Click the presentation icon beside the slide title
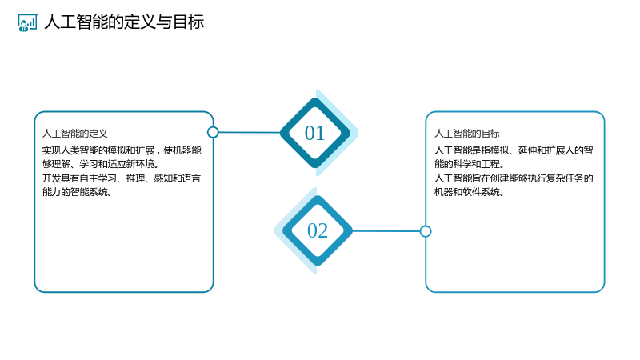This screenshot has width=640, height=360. (27, 22)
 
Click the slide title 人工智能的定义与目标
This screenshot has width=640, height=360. (124, 22)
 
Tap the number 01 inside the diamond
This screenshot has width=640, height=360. (314, 133)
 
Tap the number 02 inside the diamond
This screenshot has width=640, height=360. (318, 230)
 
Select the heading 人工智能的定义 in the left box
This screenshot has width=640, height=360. (74, 134)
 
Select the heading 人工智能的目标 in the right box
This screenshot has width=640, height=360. (467, 134)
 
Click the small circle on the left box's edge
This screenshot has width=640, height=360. (213, 132)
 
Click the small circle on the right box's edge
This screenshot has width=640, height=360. (426, 231)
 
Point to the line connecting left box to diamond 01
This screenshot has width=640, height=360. (250, 132)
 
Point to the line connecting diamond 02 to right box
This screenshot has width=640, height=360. (386, 231)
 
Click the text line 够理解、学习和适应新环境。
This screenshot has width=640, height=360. (101, 164)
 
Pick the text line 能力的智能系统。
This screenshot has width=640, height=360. (77, 192)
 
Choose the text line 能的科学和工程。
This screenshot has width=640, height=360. (470, 164)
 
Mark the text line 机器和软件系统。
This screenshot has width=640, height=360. (470, 192)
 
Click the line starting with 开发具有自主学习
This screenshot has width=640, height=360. (122, 178)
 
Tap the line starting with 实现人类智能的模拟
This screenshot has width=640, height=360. (122, 150)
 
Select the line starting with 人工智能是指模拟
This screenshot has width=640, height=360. (514, 150)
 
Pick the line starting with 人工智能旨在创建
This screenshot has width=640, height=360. (514, 178)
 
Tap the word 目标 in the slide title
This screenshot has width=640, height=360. (188, 22)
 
